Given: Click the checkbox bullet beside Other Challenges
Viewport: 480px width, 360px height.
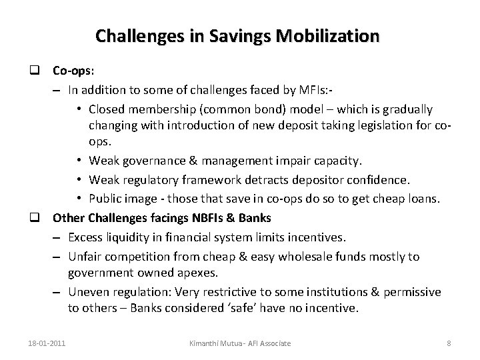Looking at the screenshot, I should pyautogui.click(x=41, y=217).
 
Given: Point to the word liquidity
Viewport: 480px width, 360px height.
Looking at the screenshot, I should pyautogui.click(x=126, y=236).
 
